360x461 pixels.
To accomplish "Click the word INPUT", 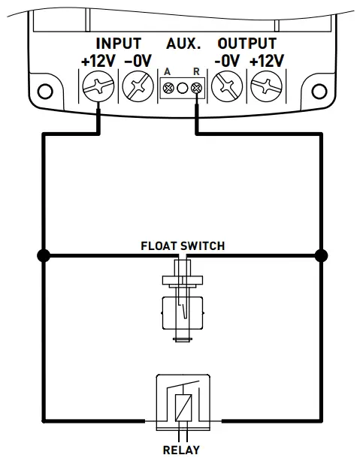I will click(119, 44).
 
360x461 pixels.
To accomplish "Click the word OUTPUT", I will click(247, 44).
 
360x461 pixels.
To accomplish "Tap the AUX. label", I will click(183, 44).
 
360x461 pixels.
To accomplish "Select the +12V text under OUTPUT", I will click(267, 61).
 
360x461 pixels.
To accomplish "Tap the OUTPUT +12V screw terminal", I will click(266, 88).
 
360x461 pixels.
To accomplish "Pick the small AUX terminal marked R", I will click(197, 89).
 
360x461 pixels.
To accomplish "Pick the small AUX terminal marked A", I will click(167, 89).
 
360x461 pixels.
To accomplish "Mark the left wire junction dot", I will click(43, 256).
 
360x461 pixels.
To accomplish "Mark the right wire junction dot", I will click(321, 256).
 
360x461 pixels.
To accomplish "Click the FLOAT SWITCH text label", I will click(183, 246).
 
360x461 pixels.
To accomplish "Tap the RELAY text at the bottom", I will click(182, 450).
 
